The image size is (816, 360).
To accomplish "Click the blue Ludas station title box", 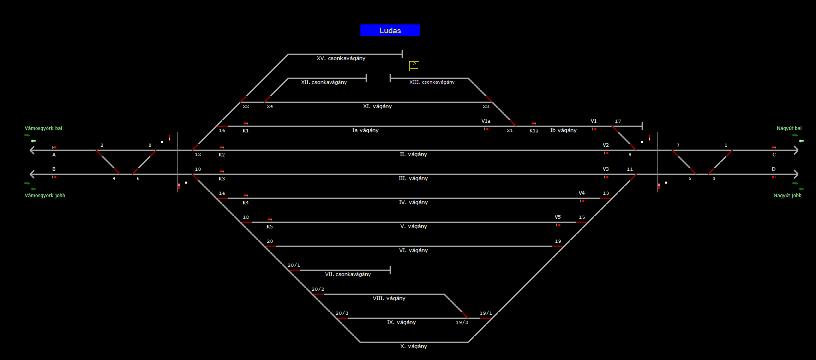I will coord(390,30).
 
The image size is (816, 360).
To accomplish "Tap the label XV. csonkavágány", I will coord(341,58).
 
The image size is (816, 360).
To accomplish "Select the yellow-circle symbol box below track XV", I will coord(414,66).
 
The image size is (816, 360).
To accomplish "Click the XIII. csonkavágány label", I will coord(432,82).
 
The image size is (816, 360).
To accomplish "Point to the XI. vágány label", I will coord(377,106).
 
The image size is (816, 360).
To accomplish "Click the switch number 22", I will coord(246,106).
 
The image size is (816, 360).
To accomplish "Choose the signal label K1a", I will coord(534,131).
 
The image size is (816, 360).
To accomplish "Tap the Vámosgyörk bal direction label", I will coord(43,128).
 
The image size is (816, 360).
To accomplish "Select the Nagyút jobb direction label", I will coord(787,196).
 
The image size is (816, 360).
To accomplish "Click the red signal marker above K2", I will coord(222,148).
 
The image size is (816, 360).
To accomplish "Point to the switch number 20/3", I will coord(342,313).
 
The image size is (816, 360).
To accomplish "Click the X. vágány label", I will coord(413,346).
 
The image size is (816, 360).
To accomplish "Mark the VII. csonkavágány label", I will coord(348,274).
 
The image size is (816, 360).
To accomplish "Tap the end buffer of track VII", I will coord(390,270).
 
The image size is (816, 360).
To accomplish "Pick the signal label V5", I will coord(558,217).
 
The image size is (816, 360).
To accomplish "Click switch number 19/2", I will coord(462,322).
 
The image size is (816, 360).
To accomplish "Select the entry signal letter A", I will coord(54,155).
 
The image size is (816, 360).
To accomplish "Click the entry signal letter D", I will coord(774,169).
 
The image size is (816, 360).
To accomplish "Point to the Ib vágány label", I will coord(563,130).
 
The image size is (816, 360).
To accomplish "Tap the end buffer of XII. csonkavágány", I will coord(366,78).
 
